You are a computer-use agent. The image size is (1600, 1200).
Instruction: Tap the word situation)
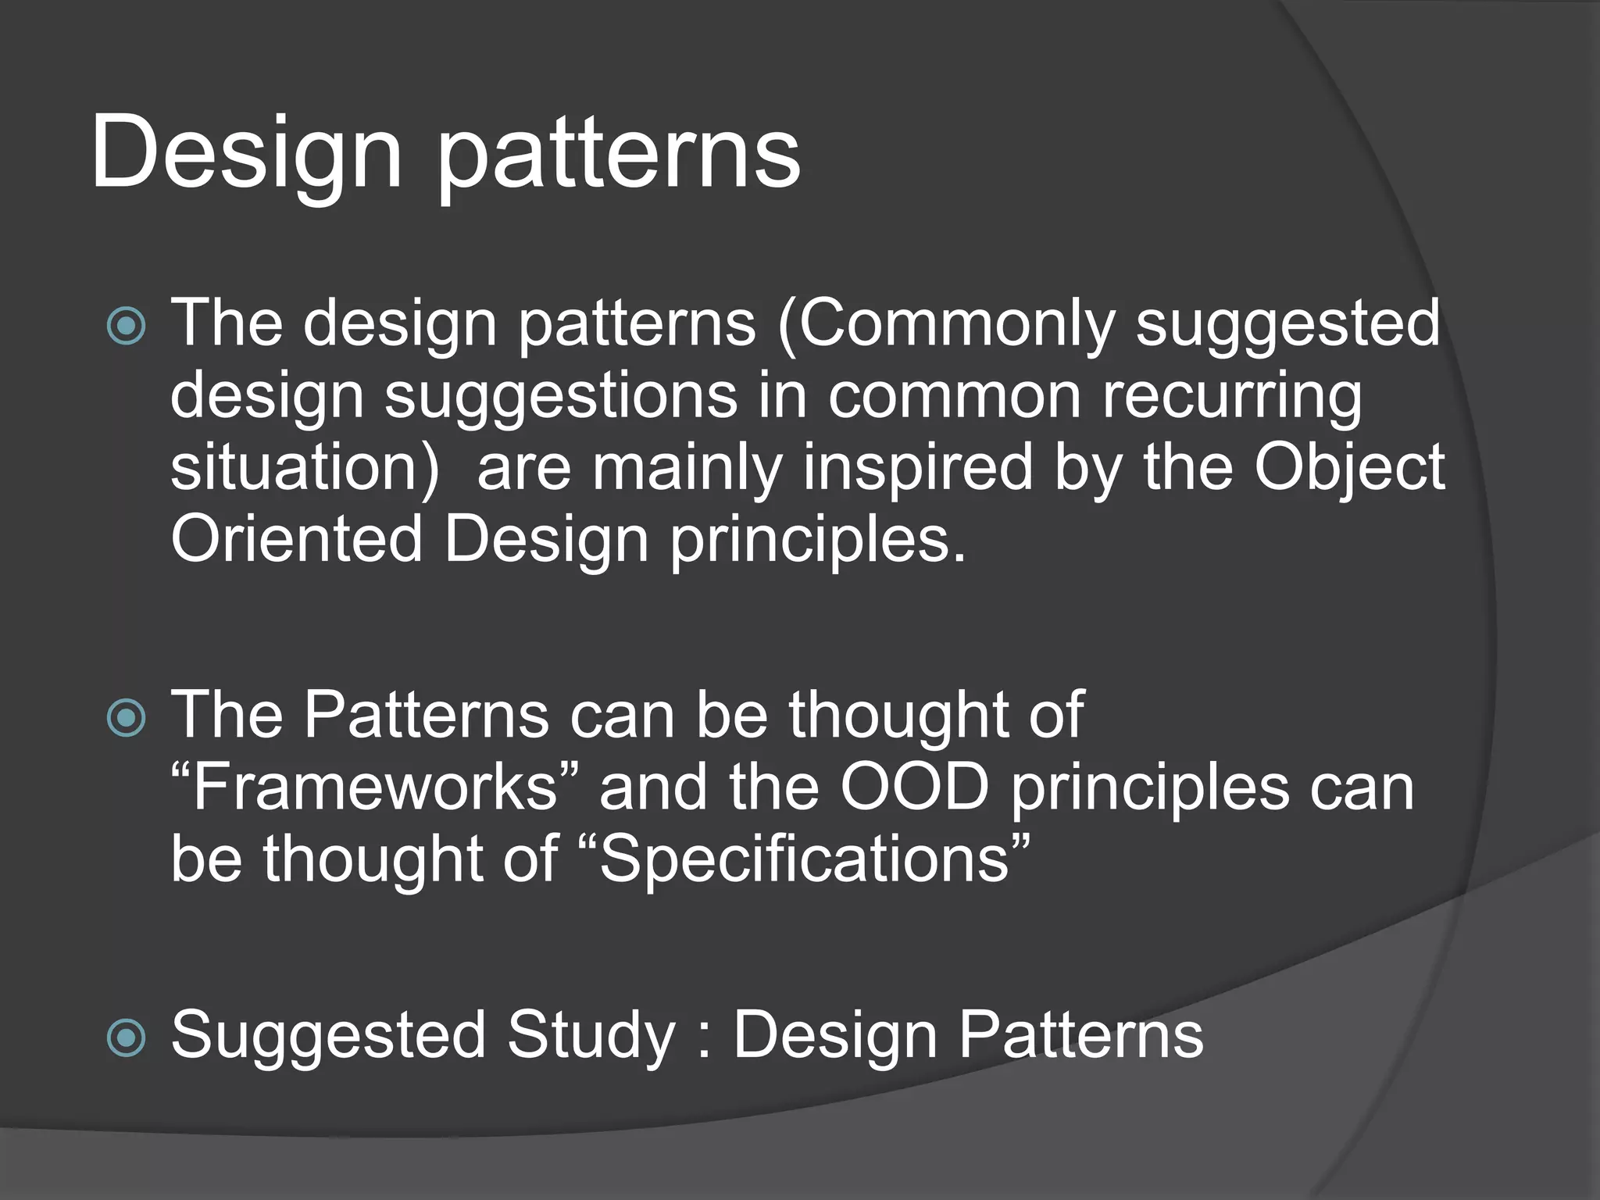304,468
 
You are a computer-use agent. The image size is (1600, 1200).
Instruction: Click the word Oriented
296,539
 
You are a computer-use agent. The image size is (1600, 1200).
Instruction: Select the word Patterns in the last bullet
1080,1034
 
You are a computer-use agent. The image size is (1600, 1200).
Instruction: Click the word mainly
687,468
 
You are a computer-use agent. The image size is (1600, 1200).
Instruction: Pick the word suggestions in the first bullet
560,397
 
